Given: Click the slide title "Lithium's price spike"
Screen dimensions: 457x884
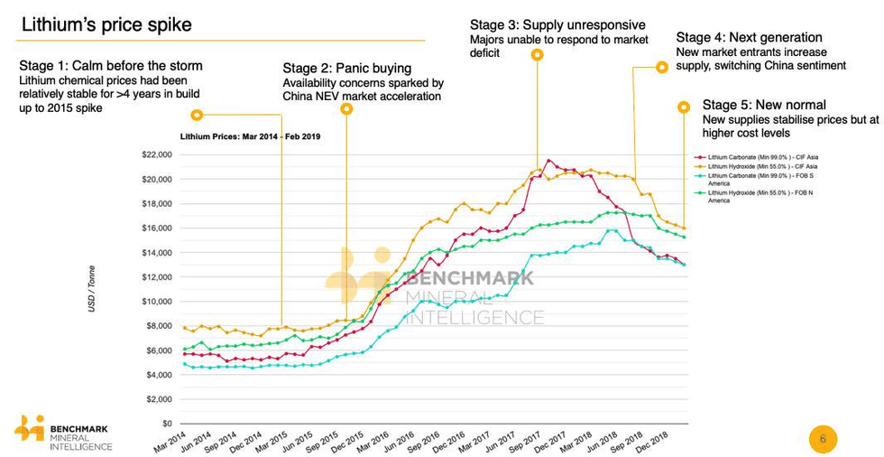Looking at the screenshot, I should coord(106,24).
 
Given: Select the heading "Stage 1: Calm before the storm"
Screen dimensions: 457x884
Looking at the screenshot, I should coord(110,66).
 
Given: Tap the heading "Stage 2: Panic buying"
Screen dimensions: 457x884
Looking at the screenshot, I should coord(346,68).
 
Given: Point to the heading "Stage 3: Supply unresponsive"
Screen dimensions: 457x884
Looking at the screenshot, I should coord(557,24).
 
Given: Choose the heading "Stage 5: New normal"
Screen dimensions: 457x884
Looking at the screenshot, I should coord(763,106).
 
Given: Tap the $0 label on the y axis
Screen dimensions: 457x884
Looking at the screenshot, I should coord(166,424).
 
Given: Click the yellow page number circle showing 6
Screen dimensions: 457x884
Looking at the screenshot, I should coord(822,439).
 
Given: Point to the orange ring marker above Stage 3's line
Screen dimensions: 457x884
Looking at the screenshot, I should coord(537,55).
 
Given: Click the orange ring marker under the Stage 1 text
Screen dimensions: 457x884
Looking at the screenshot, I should coord(197,115).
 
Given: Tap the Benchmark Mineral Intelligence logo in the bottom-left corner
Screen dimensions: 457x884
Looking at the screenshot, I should coord(64,434).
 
